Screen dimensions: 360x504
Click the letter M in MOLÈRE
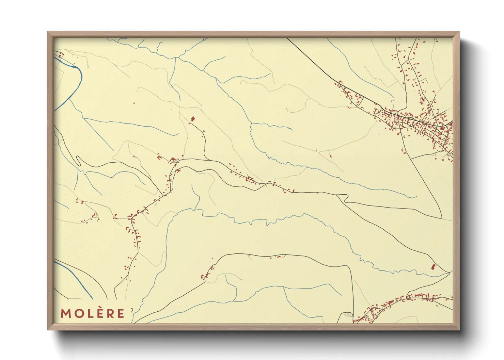tap(65, 313)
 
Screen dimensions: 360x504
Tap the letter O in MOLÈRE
tap(78, 313)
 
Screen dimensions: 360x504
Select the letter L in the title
tap(88, 313)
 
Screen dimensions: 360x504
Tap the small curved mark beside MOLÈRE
tap(132, 310)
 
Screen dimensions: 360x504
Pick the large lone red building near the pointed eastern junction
tap(433, 267)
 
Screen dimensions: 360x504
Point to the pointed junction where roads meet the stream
tap(449, 272)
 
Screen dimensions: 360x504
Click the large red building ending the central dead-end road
tap(193, 119)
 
